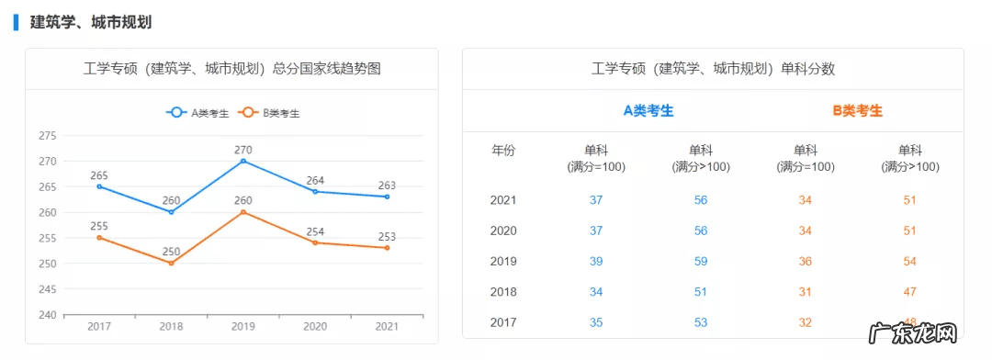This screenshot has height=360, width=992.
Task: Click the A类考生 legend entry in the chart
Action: coord(197,113)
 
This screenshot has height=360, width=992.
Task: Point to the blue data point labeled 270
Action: coord(243,161)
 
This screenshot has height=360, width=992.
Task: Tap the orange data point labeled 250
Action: coord(171,264)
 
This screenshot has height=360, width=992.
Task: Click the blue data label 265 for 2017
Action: coord(99,174)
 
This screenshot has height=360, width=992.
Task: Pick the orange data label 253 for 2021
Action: coord(388,237)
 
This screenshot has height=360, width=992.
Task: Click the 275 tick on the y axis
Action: coord(47,136)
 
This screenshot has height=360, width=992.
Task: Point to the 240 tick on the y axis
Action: coord(47,315)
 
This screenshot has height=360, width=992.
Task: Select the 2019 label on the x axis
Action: coord(243,326)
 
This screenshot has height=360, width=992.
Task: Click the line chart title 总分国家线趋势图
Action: coord(231,69)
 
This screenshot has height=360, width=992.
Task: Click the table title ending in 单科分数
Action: coord(713,69)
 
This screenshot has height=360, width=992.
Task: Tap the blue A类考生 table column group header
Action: coord(648,110)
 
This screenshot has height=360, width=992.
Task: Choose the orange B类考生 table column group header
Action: coord(858,110)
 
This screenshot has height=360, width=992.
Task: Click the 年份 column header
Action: coord(503,151)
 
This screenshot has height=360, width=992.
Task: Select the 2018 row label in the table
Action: coord(503,292)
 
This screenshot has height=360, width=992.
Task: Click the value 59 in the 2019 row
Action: coord(701,261)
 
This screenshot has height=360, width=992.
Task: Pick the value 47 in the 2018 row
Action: coord(910,292)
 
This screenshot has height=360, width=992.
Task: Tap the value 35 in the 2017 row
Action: coord(596,322)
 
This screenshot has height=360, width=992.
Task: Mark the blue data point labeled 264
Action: coord(315,191)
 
